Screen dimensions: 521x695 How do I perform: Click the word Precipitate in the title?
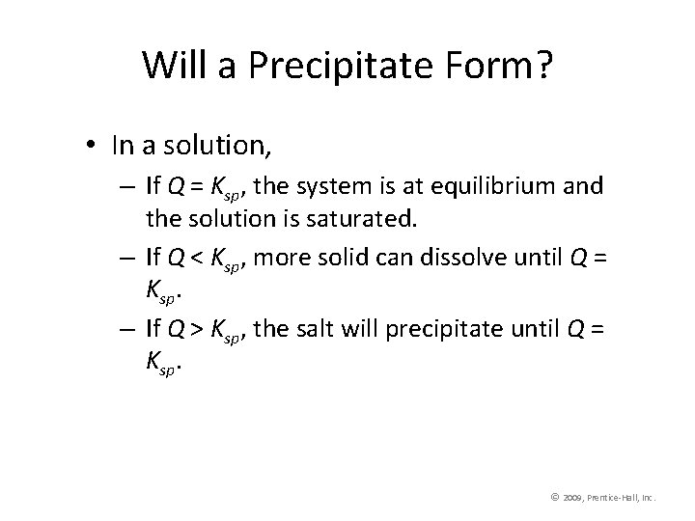click(360, 65)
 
